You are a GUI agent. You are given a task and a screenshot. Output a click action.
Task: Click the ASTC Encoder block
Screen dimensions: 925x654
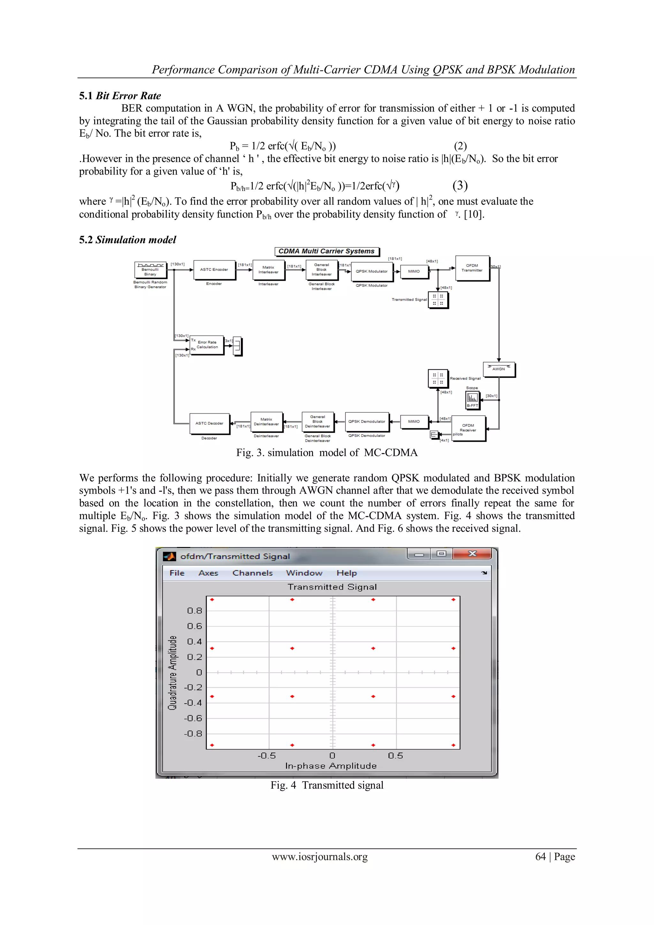pos(214,270)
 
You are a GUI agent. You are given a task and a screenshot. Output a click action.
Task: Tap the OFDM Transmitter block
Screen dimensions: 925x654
pos(472,268)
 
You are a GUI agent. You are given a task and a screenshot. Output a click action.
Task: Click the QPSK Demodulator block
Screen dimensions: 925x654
pos(367,421)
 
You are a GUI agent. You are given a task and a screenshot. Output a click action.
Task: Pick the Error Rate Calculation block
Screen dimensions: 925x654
pos(207,345)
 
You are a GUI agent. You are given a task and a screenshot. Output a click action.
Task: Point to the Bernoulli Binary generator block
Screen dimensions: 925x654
pos(150,270)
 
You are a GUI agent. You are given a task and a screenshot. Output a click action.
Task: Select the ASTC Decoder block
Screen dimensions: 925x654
pos(209,424)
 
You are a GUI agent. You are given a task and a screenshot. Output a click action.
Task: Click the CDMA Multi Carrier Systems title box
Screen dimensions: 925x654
pos(327,251)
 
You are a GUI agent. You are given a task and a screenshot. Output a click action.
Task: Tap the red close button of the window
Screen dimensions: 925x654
pos(472,554)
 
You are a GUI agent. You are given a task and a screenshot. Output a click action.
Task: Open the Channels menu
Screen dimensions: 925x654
pos(253,573)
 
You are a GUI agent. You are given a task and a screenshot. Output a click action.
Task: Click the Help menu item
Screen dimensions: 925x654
pos(346,573)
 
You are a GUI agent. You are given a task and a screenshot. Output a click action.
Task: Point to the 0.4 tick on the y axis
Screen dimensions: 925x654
pos(194,641)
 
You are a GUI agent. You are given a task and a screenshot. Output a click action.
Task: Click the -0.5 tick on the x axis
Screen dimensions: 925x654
pos(267,756)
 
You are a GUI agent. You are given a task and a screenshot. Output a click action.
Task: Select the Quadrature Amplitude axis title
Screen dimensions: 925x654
pos(172,672)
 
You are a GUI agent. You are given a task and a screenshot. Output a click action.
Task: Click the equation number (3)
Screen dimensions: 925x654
pos(460,185)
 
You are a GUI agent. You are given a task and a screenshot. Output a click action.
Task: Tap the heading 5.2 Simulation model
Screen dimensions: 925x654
pos(128,240)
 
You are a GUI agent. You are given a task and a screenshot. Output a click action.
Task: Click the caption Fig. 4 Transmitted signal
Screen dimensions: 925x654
pos(327,785)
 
